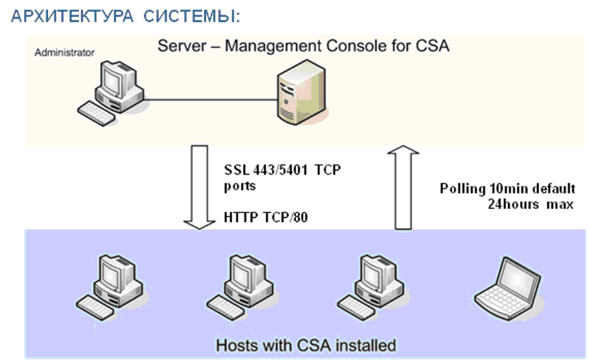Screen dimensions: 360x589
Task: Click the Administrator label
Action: click(64, 52)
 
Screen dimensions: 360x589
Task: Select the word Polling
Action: click(462, 189)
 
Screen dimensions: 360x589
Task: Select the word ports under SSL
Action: click(240, 186)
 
